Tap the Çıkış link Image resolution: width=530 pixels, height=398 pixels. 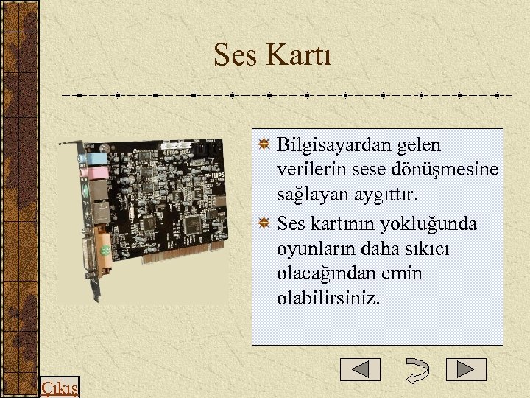(x=59, y=388)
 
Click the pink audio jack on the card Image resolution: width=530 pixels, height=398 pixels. (x=95, y=173)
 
